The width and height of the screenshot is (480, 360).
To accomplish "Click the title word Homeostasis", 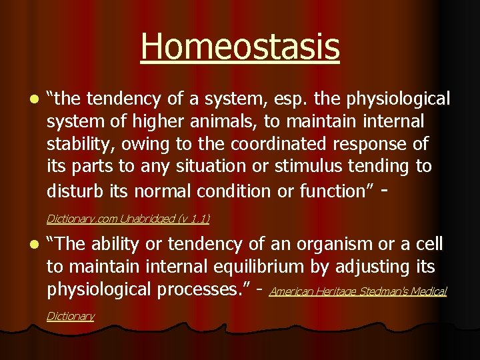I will (x=240, y=47).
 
